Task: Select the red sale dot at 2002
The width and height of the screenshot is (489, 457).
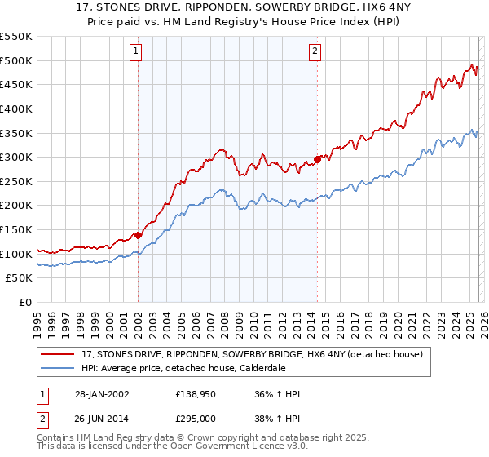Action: tap(138, 235)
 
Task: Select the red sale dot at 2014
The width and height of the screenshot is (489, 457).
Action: tap(317, 159)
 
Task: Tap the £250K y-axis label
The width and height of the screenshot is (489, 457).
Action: tap(16, 181)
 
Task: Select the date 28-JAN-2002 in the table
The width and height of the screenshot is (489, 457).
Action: tap(99, 394)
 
